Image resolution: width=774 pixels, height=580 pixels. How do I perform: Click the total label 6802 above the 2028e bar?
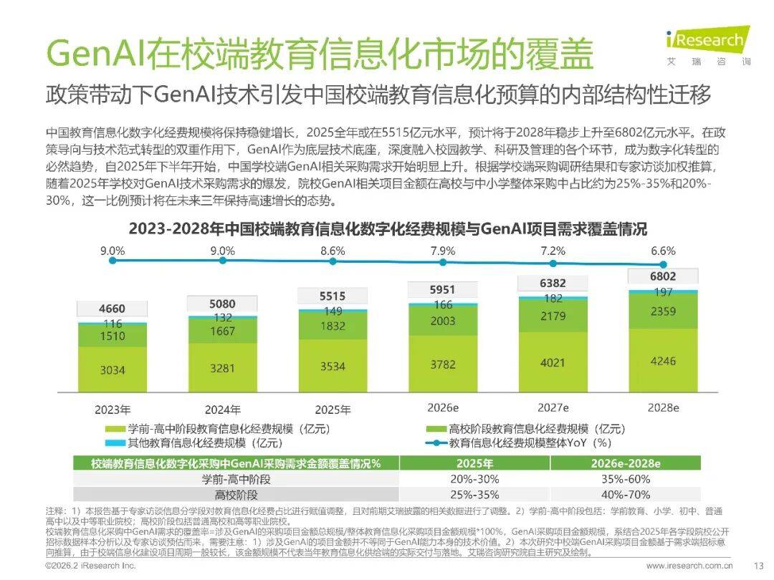662,276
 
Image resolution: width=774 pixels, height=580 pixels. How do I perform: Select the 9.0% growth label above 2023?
113,251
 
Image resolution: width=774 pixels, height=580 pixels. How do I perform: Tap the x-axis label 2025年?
333,410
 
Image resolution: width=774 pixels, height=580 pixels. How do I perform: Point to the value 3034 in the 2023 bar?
113,369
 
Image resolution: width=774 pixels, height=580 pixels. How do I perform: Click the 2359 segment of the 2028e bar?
662,311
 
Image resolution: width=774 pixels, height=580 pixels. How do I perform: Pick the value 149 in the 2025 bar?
333,311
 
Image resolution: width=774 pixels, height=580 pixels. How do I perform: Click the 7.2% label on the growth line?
553,251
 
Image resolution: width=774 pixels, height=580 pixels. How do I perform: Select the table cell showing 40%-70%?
626,494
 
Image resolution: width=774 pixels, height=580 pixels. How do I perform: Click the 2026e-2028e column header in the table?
626,463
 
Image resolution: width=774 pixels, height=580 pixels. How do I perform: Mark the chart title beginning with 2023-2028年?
387,229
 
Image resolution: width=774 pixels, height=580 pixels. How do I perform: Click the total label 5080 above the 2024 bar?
222,304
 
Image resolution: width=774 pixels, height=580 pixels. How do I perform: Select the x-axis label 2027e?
553,407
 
